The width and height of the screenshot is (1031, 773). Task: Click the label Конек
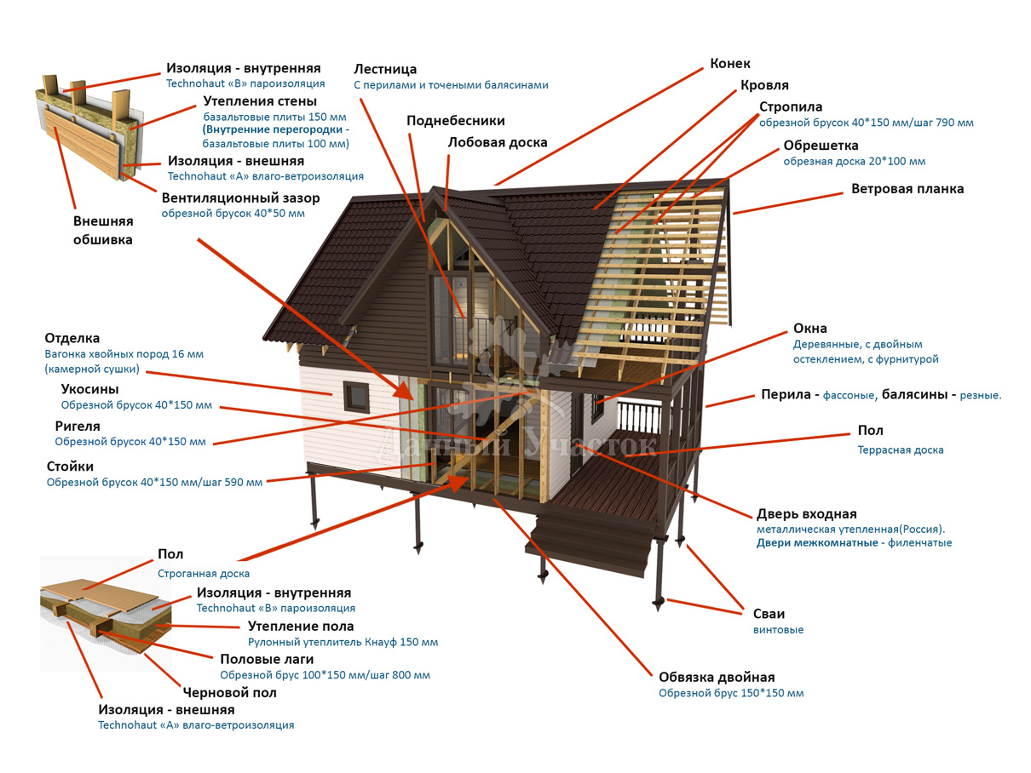[x=730, y=64]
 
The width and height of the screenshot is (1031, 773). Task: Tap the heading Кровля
[x=764, y=85]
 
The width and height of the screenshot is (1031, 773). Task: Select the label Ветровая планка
[x=907, y=189]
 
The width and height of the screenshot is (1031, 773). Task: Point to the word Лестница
[x=385, y=69]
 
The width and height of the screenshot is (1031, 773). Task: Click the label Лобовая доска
[x=498, y=142]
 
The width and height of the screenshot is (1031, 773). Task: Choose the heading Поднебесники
[x=455, y=121]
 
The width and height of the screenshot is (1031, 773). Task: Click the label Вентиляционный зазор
[x=240, y=198]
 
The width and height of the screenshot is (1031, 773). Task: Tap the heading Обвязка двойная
[x=717, y=678]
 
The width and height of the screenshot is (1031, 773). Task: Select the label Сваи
[x=769, y=614]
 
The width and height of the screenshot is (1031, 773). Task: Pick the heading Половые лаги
[x=267, y=659]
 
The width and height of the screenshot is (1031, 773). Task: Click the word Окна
[x=809, y=329]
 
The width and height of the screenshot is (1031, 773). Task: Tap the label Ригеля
[x=78, y=426]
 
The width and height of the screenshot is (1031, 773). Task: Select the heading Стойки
[x=70, y=467]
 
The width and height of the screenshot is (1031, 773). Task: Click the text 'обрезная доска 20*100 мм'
[x=854, y=162]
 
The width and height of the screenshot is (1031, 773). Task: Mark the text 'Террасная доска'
[x=901, y=450]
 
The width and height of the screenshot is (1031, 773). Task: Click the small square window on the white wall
[x=355, y=394]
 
